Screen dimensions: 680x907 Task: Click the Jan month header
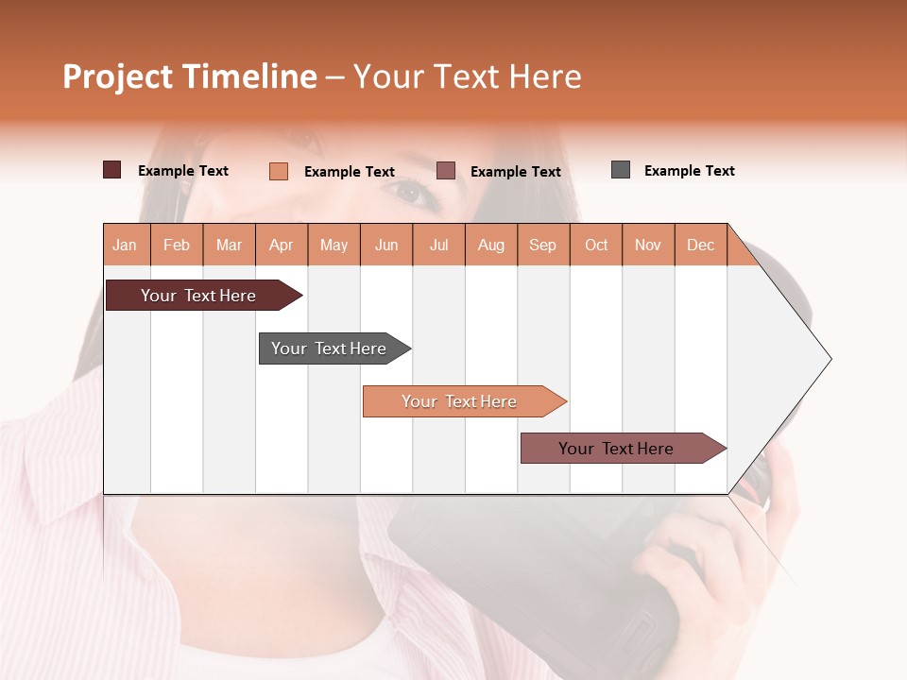tap(125, 245)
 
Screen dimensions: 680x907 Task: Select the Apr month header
tap(281, 245)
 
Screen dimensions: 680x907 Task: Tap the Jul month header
tap(438, 245)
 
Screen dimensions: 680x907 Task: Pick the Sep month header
tap(542, 245)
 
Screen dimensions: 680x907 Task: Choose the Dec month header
tap(700, 245)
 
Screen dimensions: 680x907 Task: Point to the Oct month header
tap(596, 245)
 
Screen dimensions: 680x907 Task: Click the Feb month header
tap(177, 245)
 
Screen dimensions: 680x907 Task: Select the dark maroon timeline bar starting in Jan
tap(199, 296)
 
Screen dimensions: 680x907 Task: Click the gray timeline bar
tap(330, 348)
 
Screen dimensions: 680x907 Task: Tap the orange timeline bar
tap(460, 401)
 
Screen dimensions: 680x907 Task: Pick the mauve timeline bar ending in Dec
tap(617, 449)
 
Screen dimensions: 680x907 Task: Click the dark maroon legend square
tap(111, 170)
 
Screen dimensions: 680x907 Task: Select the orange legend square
tap(278, 171)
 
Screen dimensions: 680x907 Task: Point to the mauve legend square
tap(446, 171)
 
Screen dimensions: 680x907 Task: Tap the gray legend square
tap(621, 170)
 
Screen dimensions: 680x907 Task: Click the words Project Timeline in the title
tap(189, 76)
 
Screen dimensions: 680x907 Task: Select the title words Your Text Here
tap(468, 76)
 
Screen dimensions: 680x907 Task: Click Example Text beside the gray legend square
tap(689, 171)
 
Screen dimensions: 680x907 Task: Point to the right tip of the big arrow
tap(830, 359)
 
